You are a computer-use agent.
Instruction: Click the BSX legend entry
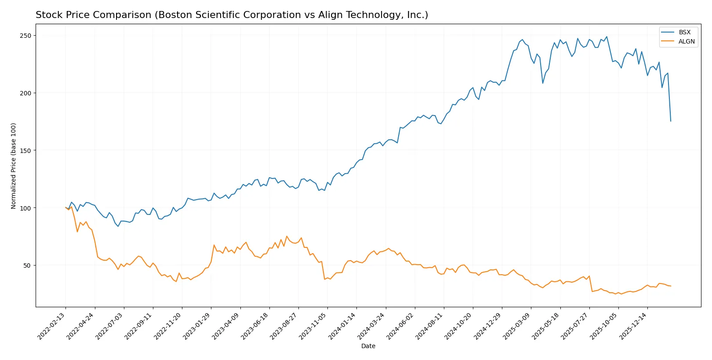pyautogui.click(x=684, y=32)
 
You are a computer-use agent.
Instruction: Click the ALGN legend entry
pyautogui.click(x=686, y=41)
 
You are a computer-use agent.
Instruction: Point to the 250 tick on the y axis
pyautogui.click(x=25, y=36)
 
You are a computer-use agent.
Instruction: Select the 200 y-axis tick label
pyautogui.click(x=25, y=93)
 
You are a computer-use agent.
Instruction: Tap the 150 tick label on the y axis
pyautogui.click(x=25, y=151)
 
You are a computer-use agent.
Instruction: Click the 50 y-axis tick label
pyautogui.click(x=27, y=265)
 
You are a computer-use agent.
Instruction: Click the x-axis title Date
pyautogui.click(x=368, y=346)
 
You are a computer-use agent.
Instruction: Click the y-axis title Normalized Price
pyautogui.click(x=14, y=166)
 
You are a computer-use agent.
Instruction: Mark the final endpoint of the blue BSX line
pyautogui.click(x=671, y=121)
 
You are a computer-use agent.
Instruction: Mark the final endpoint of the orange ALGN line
pyautogui.click(x=671, y=286)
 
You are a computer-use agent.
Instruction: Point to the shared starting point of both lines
pyautogui.click(x=66, y=207)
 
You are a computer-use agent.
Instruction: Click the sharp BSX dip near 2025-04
pyautogui.click(x=543, y=83)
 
